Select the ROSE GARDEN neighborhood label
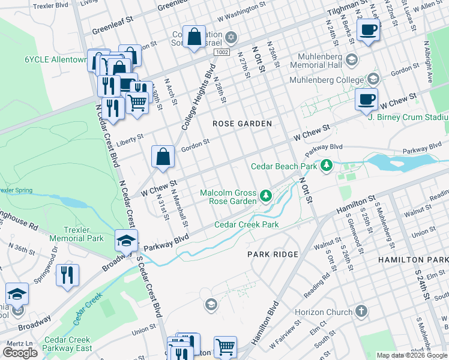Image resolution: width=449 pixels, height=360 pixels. click(243, 124)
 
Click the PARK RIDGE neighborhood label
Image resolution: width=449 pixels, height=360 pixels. click(273, 254)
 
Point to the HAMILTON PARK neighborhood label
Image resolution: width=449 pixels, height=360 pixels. click(413, 259)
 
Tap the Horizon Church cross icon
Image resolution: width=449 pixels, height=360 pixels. click(361, 311)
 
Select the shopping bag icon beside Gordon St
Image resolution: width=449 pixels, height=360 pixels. click(163, 157)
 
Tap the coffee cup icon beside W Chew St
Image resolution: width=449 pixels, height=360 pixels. click(366, 100)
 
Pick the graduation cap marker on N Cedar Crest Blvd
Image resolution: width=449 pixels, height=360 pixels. click(126, 240)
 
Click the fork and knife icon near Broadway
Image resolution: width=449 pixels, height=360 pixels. click(67, 275)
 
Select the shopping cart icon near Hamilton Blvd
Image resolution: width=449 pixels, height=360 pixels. click(225, 347)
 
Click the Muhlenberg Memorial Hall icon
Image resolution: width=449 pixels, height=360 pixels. click(351, 60)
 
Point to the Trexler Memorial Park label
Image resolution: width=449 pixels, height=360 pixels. click(77, 234)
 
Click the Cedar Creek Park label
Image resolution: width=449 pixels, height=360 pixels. click(247, 225)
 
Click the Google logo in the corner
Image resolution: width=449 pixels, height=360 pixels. click(20, 353)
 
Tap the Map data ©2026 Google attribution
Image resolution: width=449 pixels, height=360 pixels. click(412, 355)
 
